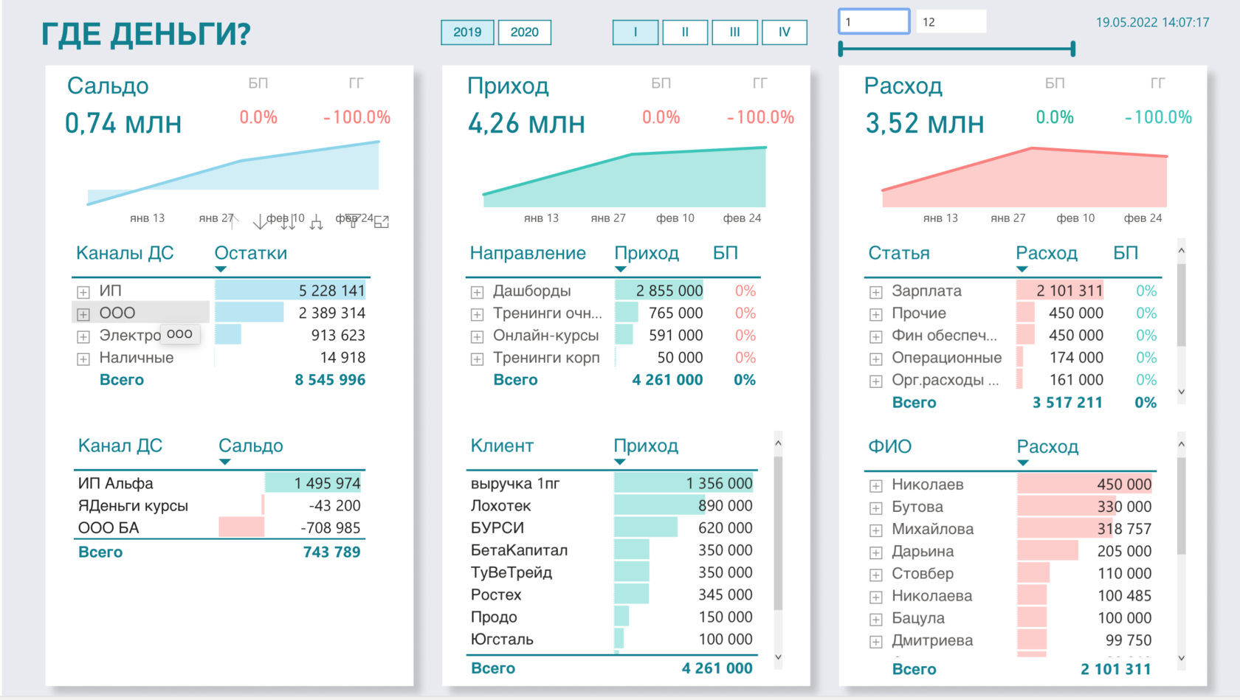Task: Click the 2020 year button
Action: [524, 32]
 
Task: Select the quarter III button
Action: [734, 32]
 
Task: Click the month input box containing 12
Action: [950, 22]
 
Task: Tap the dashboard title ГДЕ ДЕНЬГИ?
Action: [146, 34]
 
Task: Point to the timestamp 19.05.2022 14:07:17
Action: [1152, 22]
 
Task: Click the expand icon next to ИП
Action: [83, 292]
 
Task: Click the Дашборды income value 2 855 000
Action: [669, 291]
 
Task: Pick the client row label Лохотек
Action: [500, 506]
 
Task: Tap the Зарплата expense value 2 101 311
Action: [1069, 291]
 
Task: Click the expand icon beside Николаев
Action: [875, 485]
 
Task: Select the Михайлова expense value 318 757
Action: [1123, 529]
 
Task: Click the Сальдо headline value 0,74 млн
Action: [123, 123]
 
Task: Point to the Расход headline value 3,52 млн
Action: [924, 123]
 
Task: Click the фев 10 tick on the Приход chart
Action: [675, 218]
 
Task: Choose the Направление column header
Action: [528, 253]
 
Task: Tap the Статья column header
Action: [898, 253]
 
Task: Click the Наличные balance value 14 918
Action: [337, 358]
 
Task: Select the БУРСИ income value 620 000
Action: [725, 528]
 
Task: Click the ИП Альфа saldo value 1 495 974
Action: [327, 483]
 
